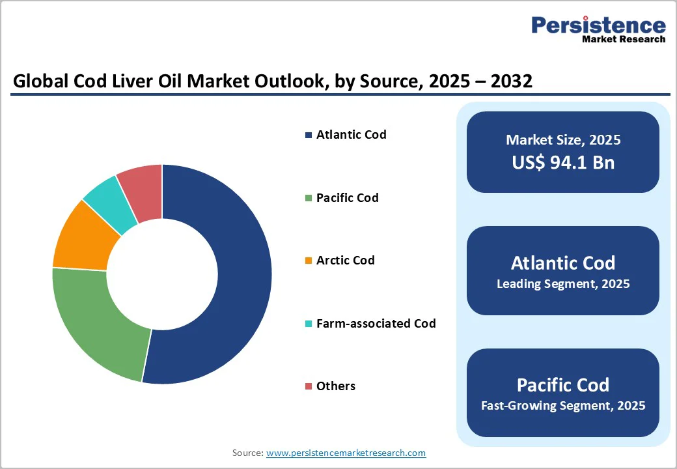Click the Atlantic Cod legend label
click(351, 135)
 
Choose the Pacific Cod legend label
click(347, 197)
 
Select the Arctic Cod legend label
click(345, 261)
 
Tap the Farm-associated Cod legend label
click(376, 323)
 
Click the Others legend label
click(335, 386)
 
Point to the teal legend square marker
click(308, 324)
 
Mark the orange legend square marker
click(308, 261)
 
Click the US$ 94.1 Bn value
click(563, 162)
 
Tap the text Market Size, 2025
click(563, 140)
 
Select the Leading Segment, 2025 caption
click(563, 284)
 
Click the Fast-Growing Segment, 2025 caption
click(563, 406)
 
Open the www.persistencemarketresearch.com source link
click(346, 453)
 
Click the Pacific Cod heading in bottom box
click(563, 384)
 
